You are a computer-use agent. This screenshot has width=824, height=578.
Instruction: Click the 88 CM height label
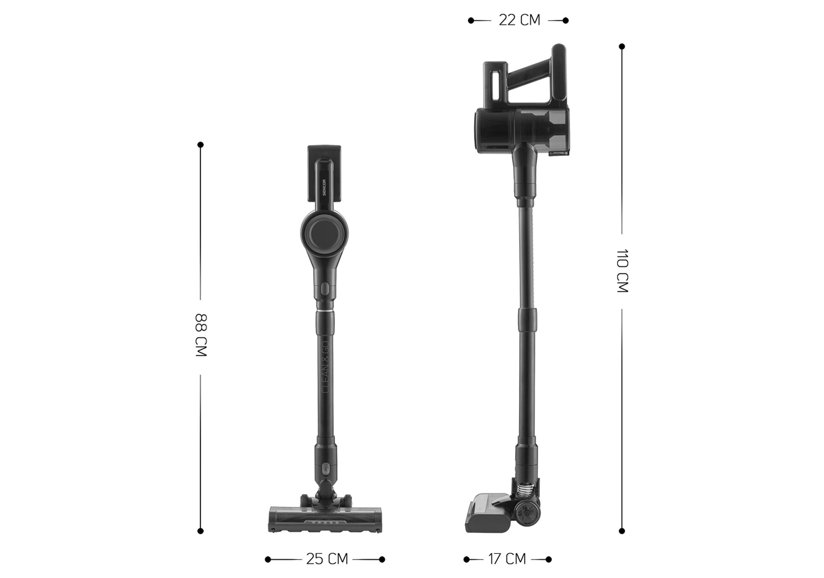tap(201, 335)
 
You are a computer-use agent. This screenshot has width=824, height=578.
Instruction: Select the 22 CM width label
tap(519, 20)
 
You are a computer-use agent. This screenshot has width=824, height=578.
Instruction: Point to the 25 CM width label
tap(327, 559)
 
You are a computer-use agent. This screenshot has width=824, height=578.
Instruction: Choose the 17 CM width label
tap(507, 559)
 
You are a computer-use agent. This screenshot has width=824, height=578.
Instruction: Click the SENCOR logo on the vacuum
tap(324, 187)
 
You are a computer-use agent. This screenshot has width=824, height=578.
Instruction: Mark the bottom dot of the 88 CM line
tap(201, 531)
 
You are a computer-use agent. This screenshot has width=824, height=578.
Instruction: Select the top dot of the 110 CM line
tap(622, 47)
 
